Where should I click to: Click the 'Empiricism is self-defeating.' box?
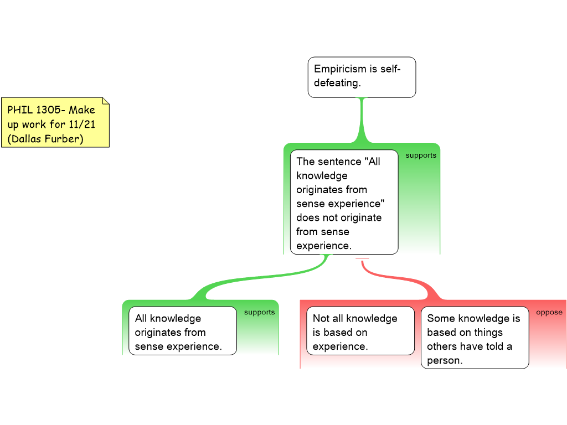click(x=362, y=77)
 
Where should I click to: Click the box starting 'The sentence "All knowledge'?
click(x=344, y=202)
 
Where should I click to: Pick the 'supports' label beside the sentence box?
click(x=421, y=156)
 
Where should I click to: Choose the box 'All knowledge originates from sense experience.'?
click(x=182, y=332)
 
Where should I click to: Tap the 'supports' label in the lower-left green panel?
click(x=259, y=312)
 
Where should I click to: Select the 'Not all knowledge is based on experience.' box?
click(x=360, y=332)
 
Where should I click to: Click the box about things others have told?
click(x=475, y=339)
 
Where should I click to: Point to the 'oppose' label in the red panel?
click(x=549, y=312)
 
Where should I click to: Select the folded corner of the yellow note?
click(x=105, y=101)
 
